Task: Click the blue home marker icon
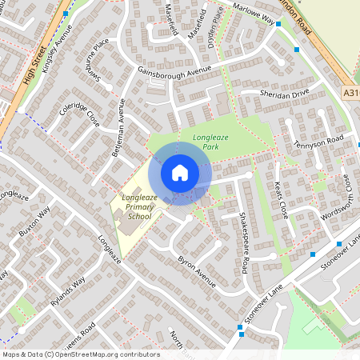pos(180,172)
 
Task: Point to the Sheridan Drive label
pos(284,94)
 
